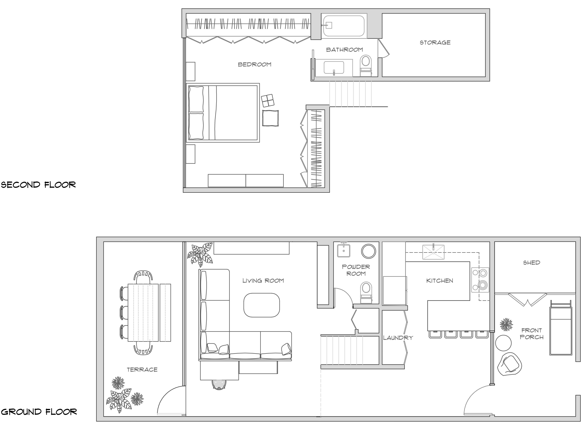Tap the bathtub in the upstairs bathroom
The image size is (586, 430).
tap(344, 26)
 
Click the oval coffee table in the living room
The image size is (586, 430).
tap(261, 305)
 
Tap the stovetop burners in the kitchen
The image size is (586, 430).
tap(480, 280)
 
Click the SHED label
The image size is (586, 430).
tap(531, 263)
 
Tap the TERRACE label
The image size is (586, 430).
tap(142, 370)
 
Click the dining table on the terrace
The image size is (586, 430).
tap(143, 312)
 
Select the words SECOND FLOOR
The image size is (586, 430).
tap(38, 185)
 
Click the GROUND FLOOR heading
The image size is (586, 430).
tap(39, 412)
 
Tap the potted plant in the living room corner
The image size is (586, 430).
tap(200, 254)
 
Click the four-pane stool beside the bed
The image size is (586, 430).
tap(268, 101)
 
